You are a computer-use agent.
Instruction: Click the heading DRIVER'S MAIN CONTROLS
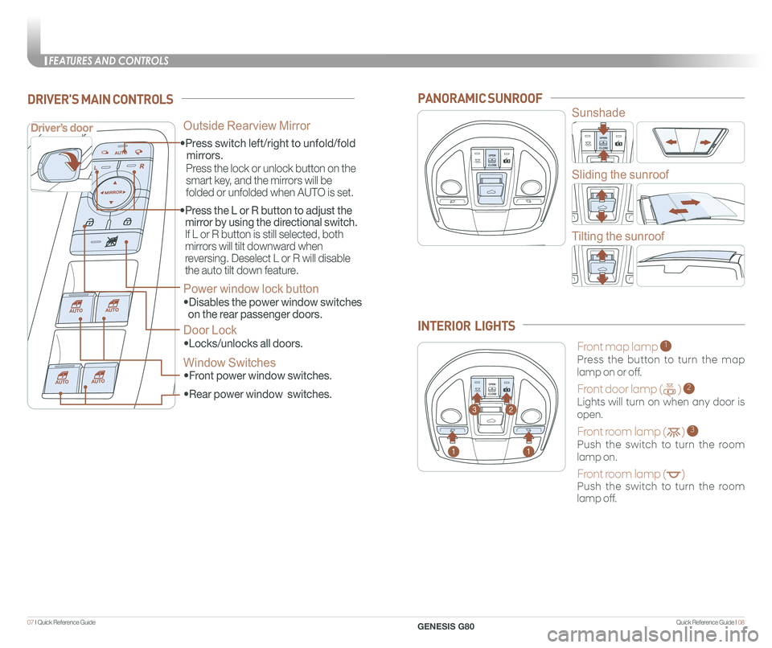pos(100,100)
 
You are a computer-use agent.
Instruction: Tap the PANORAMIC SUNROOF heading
pos(480,98)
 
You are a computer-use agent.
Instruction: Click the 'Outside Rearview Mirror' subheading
pos(247,125)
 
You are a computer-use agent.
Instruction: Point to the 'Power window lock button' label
pos(251,289)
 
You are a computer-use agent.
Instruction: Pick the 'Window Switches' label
pos(229,363)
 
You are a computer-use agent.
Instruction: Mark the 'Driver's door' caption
pos(63,128)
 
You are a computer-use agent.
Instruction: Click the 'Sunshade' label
pos(598,113)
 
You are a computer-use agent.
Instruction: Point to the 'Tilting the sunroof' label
pos(618,236)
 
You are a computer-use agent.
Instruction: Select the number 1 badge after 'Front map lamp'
pos(666,347)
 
